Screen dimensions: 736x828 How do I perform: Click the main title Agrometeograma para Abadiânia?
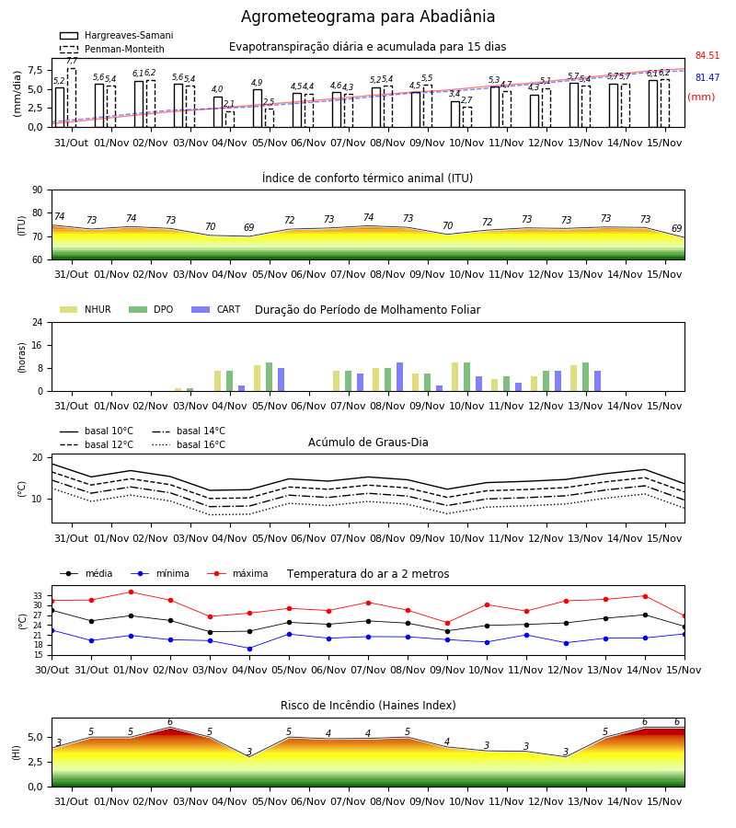tap(368, 17)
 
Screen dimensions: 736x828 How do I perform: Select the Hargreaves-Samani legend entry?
tap(117, 35)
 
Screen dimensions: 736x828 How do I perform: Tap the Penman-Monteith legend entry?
tap(112, 49)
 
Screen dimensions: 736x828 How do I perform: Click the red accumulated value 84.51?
tap(707, 55)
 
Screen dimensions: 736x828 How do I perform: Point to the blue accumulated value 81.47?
tap(707, 77)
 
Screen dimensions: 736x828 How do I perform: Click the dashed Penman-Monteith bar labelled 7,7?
tap(72, 98)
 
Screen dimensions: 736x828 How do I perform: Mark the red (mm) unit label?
tap(701, 98)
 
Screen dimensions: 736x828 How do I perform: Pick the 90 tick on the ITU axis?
tap(38, 190)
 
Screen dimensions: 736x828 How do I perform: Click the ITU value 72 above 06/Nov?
tap(289, 220)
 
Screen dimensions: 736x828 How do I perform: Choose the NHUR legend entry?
tap(86, 309)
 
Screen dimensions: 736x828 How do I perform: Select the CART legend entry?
tap(216, 309)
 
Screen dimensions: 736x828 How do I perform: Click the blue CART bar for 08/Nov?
tap(399, 377)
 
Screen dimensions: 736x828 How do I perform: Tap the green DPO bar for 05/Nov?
tap(270, 377)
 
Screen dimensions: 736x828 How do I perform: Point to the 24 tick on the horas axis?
tap(38, 322)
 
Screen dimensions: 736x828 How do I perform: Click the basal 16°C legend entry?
tap(189, 444)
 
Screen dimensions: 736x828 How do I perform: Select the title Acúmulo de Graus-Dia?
tap(368, 442)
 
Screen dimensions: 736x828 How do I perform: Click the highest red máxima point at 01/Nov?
tap(131, 592)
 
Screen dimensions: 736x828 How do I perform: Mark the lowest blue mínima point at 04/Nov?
tap(249, 649)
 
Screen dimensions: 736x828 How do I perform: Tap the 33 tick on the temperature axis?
tap(38, 595)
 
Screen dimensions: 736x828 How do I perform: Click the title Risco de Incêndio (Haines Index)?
tap(368, 706)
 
